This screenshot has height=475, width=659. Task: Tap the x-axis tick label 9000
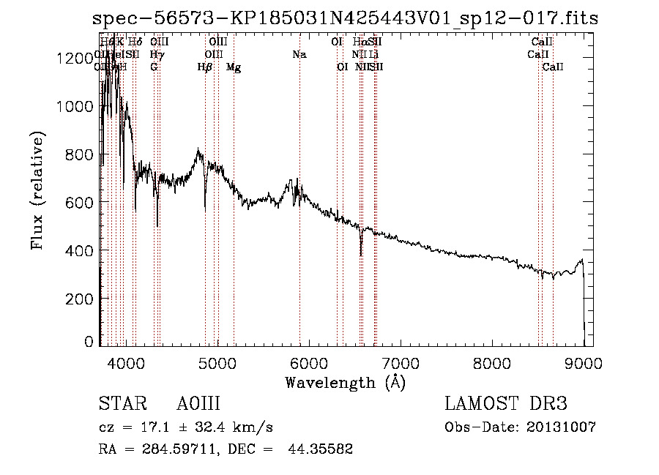click(x=584, y=363)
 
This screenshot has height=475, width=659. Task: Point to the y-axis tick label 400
click(x=79, y=250)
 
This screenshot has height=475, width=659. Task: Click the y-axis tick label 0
click(x=89, y=342)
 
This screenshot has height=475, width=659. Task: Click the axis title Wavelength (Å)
click(x=345, y=382)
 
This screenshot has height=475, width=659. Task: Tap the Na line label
click(x=299, y=54)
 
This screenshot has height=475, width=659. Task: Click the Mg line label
click(x=234, y=67)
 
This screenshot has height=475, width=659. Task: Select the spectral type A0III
click(x=198, y=404)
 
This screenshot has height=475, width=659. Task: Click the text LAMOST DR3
click(x=506, y=404)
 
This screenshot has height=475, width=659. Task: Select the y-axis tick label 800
click(x=79, y=154)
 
